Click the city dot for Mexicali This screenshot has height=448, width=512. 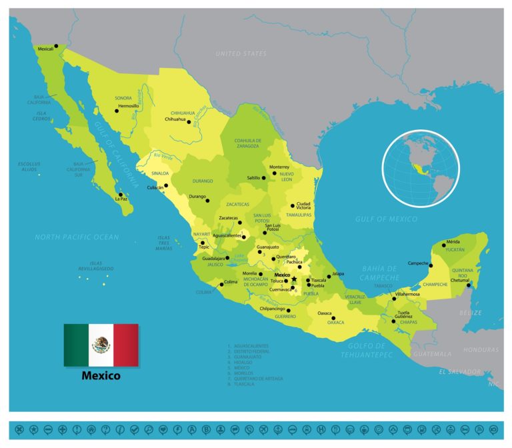coord(57,46)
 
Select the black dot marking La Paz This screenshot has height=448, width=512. coord(121,195)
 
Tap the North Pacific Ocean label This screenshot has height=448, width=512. coord(77,237)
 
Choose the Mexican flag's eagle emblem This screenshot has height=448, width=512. coord(101,345)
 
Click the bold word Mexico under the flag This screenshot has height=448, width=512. coord(101,375)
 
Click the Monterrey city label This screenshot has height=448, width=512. coord(279,167)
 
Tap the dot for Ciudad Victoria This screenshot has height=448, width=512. coord(292,206)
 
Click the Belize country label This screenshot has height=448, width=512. coord(469,312)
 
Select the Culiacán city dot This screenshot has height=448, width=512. coord(167,186)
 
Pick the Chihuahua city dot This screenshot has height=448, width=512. coord(189,122)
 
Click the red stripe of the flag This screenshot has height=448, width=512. coord(125,345)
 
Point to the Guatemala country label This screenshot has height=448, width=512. coord(433,354)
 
